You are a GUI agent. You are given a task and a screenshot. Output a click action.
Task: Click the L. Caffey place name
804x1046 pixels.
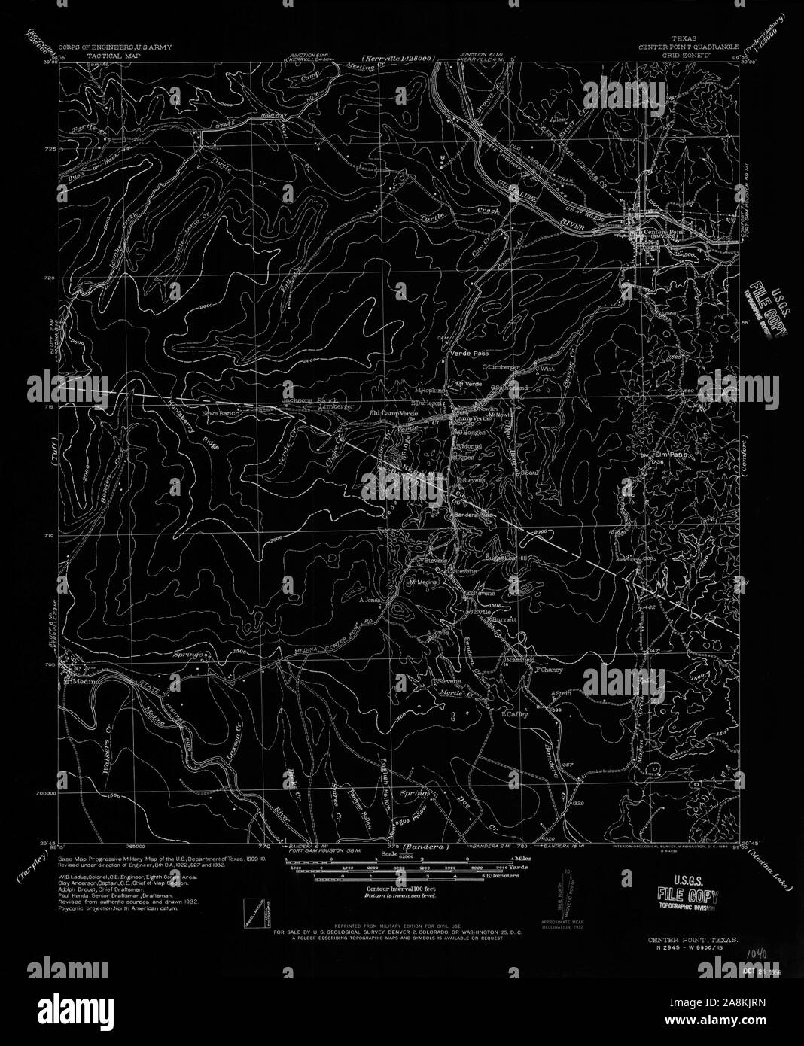click(x=516, y=715)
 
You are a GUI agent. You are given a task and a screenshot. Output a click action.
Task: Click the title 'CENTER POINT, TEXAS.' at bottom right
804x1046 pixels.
click(x=690, y=940)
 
